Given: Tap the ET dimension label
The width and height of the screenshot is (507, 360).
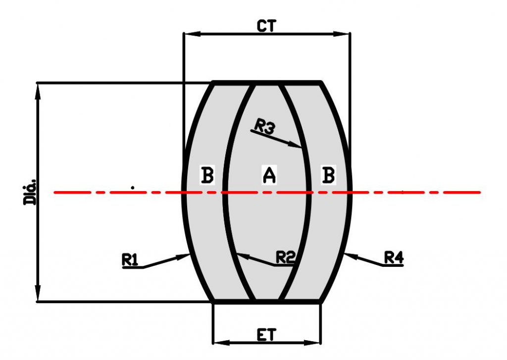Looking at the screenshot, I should pyautogui.click(x=266, y=335).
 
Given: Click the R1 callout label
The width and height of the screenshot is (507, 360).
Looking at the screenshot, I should pyautogui.click(x=130, y=259).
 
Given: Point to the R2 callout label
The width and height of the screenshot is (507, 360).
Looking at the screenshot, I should pyautogui.click(x=286, y=257).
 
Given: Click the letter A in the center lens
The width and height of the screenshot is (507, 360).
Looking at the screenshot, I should pyautogui.click(x=268, y=175).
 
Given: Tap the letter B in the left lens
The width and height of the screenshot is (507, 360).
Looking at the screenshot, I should pyautogui.click(x=207, y=175).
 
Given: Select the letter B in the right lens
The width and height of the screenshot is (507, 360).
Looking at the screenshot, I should pyautogui.click(x=328, y=175).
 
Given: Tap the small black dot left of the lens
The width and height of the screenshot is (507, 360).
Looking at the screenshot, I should pyautogui.click(x=133, y=188).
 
